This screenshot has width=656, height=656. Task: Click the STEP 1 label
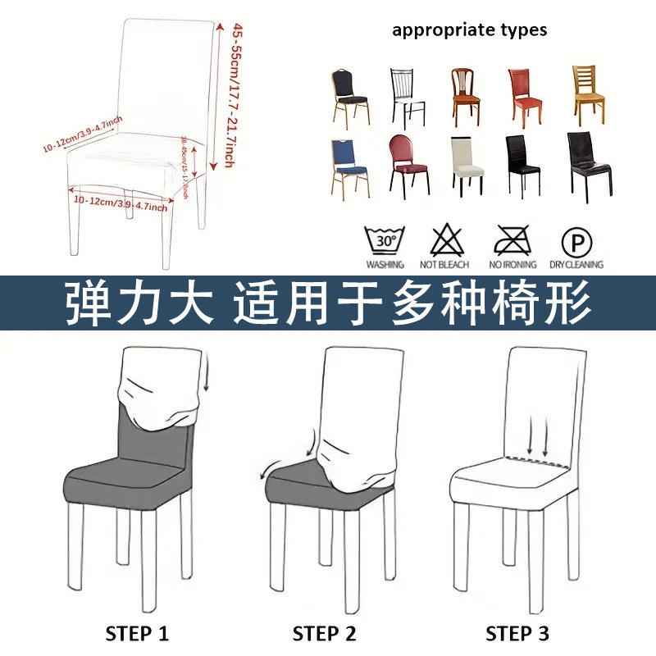(137, 633)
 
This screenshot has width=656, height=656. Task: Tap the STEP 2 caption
(326, 633)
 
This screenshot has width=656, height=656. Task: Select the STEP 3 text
(517, 633)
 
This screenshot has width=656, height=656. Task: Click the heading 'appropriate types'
(469, 30)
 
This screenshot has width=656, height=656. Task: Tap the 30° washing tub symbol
(385, 241)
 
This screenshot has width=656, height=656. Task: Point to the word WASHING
(385, 265)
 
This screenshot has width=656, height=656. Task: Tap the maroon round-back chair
(407, 165)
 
